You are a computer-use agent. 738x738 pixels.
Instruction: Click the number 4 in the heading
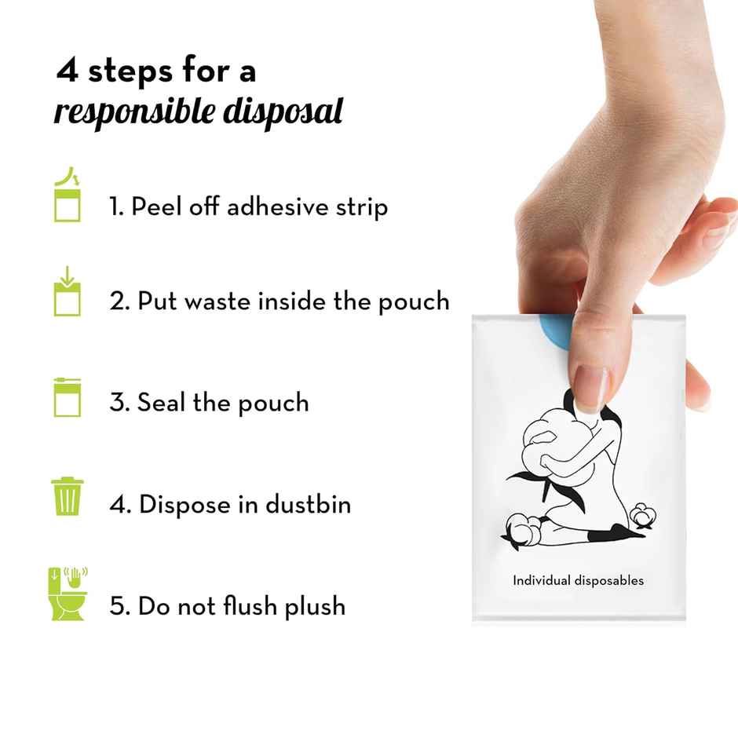[x=68, y=71]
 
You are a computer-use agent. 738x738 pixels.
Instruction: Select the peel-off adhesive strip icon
[x=68, y=198]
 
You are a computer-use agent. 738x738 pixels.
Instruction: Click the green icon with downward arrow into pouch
[x=68, y=293]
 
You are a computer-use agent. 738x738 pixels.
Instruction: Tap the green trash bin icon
[x=68, y=496]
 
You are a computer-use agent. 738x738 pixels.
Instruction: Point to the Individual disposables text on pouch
[x=578, y=581]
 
